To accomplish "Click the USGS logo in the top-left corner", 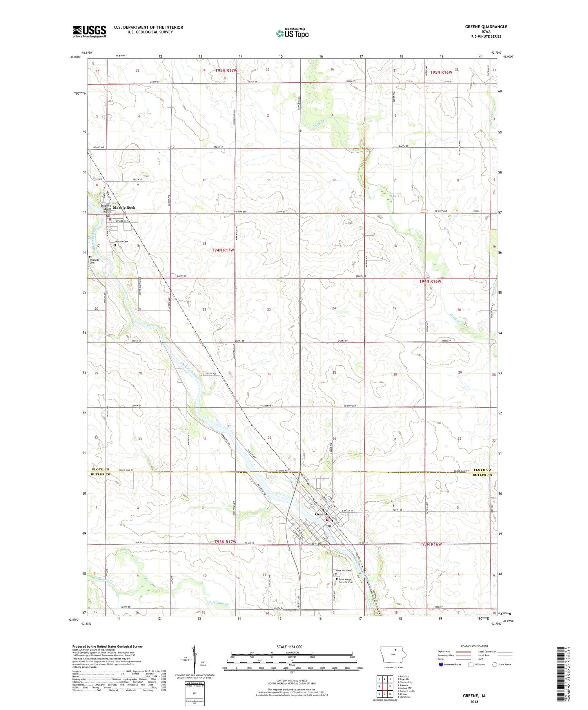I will point(89,31).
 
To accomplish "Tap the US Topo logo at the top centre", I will point(292,34).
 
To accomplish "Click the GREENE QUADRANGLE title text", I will point(486,27).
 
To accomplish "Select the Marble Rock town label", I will point(124,208).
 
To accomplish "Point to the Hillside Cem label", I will point(121,242).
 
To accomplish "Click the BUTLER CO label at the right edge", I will point(482,475).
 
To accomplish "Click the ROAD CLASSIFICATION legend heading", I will point(474,647).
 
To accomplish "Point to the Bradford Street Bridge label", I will point(105,209).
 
